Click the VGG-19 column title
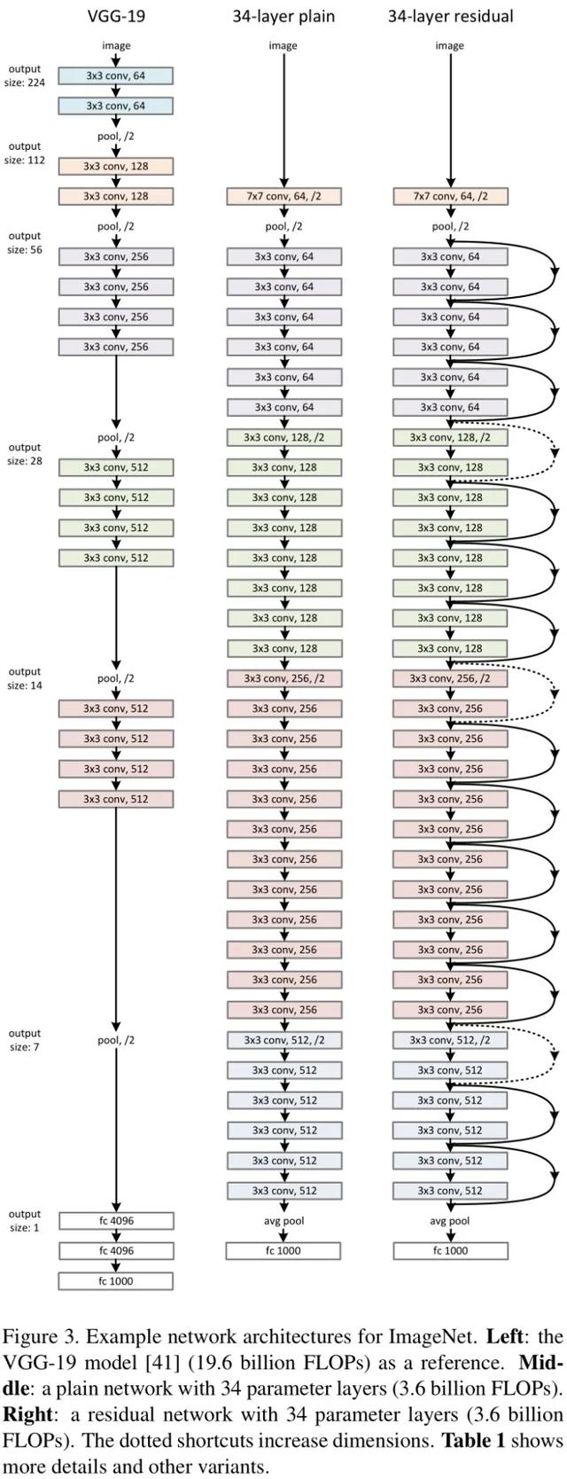coord(116,15)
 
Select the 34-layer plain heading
coord(283,15)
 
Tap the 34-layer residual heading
coord(450,15)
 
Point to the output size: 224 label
coord(25,75)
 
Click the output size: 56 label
coord(25,243)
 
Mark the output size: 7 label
coord(25,1040)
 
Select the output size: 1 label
coord(25,1221)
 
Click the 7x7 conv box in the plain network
coord(283,196)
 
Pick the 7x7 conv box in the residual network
coord(450,196)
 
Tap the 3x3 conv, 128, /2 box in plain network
coord(283,437)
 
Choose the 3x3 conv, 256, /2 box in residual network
coord(450,678)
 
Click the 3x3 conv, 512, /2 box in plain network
coord(283,1040)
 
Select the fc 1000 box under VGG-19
coord(116,1281)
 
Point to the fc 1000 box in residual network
coord(450,1251)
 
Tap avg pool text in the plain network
coord(283,1221)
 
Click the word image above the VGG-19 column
coord(116,45)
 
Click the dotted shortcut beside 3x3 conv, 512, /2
coord(555,1055)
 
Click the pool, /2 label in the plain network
coord(283,226)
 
